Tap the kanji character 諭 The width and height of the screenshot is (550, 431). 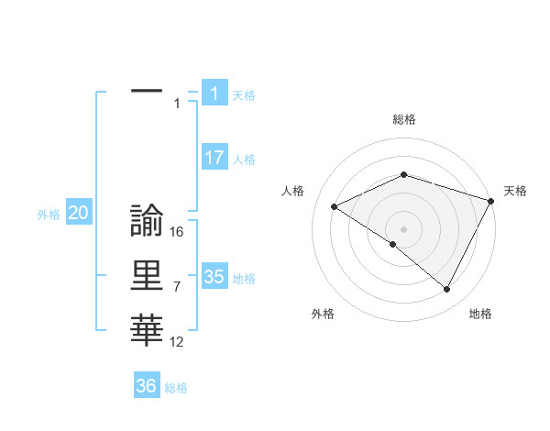point(147,220)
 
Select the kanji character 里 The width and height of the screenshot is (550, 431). point(147,275)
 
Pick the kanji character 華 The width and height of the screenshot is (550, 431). point(147,330)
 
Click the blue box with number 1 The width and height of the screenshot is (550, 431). point(214,93)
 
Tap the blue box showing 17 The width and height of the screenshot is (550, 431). point(214,158)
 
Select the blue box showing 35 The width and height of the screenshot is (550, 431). point(214,276)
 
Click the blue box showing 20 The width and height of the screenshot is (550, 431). point(78,213)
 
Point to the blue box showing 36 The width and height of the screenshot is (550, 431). point(146,386)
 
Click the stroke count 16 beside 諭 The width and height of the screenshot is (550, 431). point(177,232)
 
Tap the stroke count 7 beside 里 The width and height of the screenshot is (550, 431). point(176,287)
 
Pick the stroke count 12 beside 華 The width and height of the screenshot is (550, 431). point(177,342)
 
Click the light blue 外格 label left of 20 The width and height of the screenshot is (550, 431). point(49,215)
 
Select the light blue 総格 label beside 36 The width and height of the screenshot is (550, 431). point(176,388)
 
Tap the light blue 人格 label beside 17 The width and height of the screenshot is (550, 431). point(244,160)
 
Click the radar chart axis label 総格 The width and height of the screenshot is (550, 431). point(403,119)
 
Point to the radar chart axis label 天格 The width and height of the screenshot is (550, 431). point(515,191)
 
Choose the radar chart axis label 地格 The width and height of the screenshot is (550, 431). point(480,314)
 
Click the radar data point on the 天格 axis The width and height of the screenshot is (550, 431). point(492,200)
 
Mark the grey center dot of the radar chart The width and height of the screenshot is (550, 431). point(403,228)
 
